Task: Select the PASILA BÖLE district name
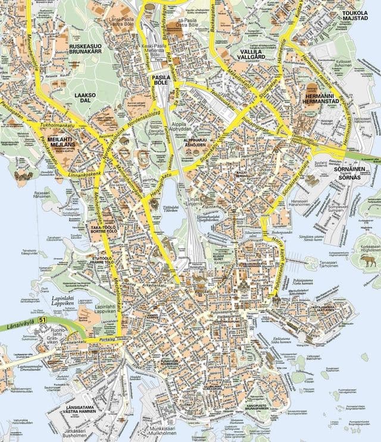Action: [x=160, y=80]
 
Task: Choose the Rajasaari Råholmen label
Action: [x=42, y=195]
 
